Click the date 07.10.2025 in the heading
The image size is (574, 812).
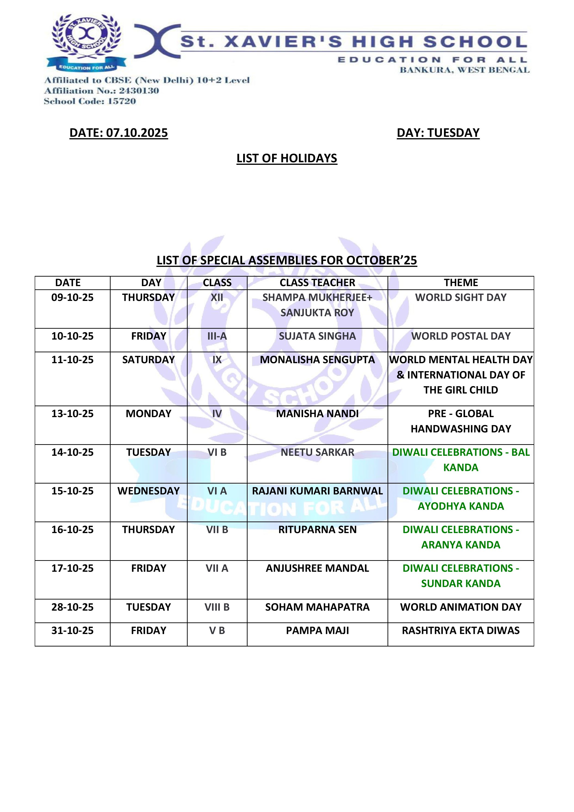(137, 133)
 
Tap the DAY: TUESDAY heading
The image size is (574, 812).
(438, 133)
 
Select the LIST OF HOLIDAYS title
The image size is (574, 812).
(287, 158)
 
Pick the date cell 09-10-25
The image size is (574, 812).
(72, 297)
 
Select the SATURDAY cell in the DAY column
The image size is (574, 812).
(149, 360)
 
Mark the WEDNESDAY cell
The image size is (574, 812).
(149, 491)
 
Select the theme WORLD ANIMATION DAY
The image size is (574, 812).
(461, 607)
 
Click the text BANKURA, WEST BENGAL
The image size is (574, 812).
(464, 70)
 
